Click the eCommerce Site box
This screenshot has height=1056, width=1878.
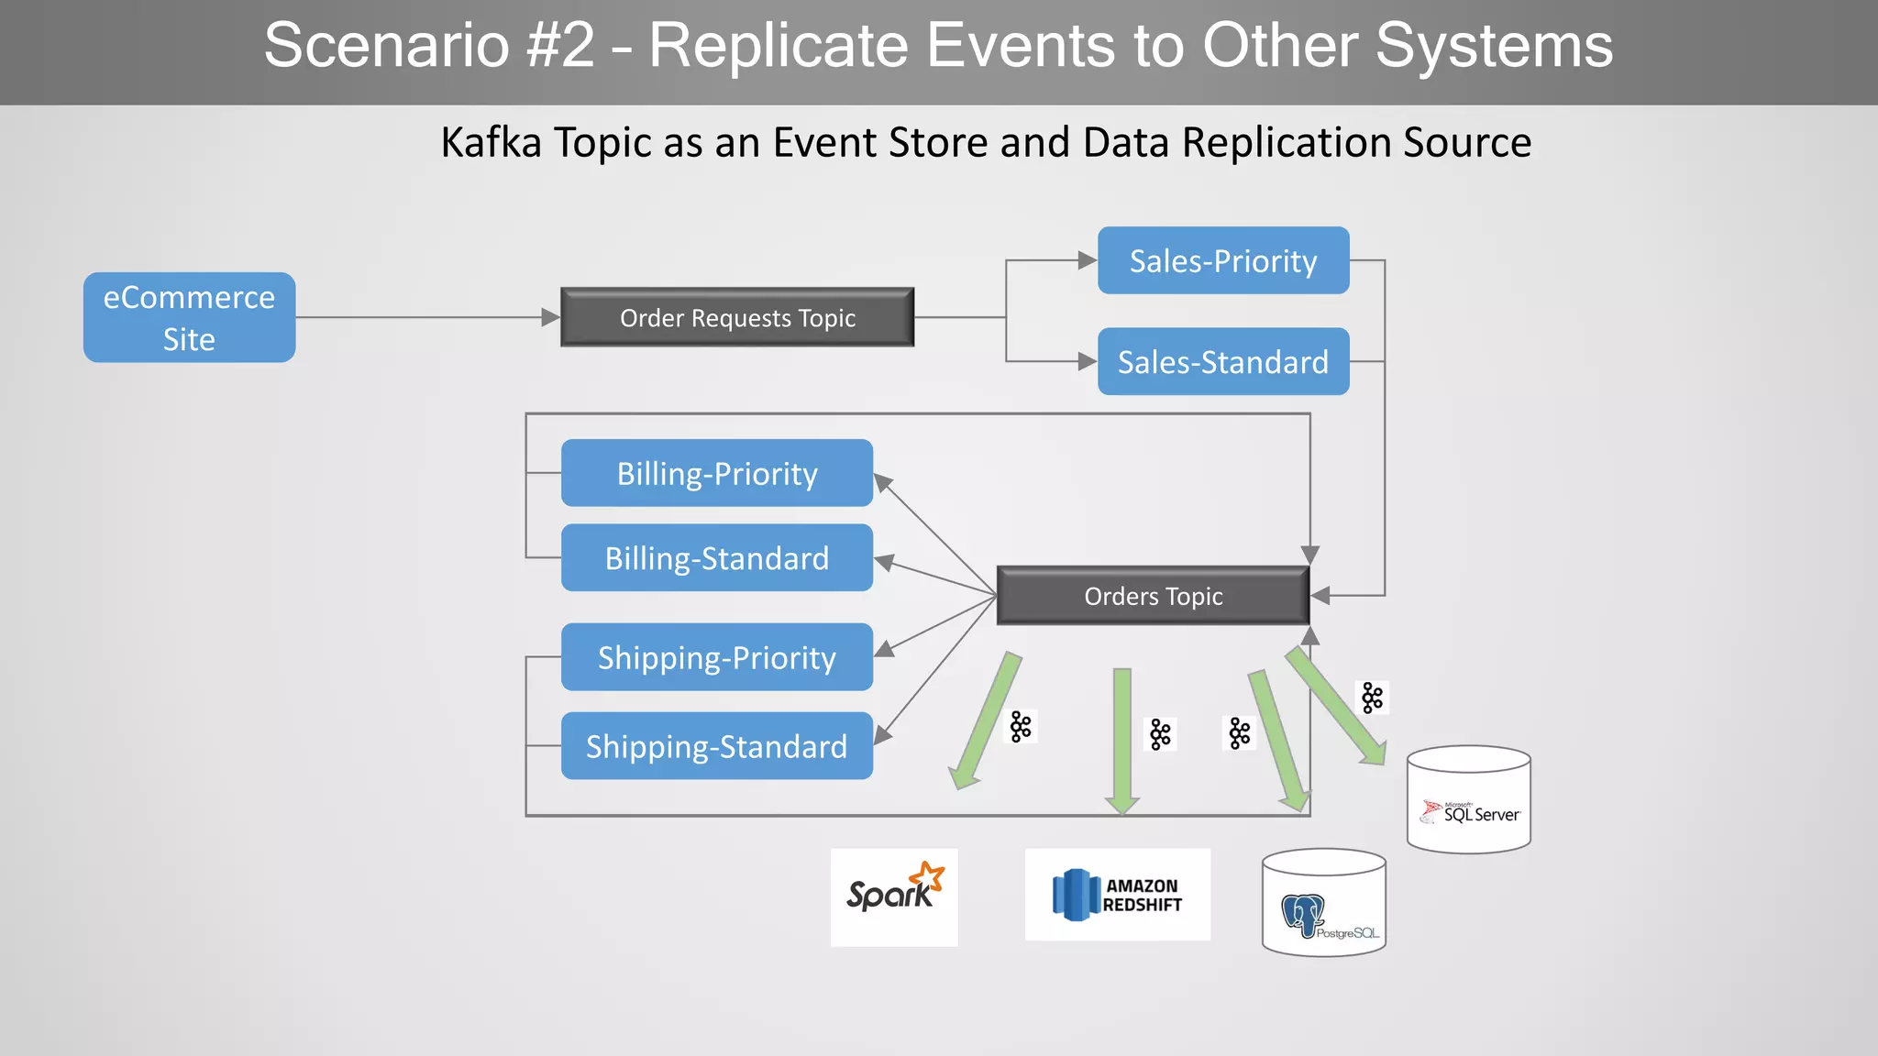coord(189,317)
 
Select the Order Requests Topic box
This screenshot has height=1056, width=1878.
coord(737,317)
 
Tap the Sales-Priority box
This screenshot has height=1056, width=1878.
coord(1222,260)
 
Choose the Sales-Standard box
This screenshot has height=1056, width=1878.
coord(1222,361)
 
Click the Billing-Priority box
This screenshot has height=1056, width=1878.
coord(716,473)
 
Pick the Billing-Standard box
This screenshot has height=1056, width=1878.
coord(716,557)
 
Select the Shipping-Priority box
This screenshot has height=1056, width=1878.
coord(716,656)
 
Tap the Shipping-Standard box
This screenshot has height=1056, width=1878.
coord(716,745)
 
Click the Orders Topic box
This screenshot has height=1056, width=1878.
coord(1153,596)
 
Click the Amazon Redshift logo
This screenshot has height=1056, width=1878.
coord(1117,895)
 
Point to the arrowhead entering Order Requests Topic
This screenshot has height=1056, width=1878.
coord(550,317)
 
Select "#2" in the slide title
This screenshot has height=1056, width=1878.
coord(560,45)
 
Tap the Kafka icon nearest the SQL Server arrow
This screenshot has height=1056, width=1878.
coord(1372,698)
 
